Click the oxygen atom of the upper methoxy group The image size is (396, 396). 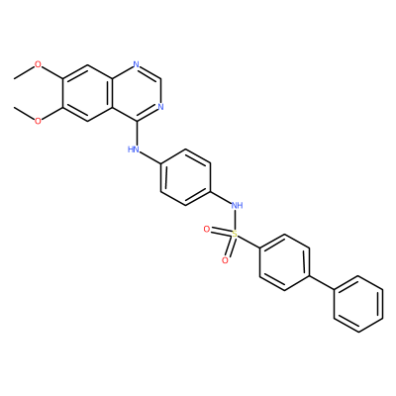click(39, 64)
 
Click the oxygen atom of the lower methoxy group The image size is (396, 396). click(39, 121)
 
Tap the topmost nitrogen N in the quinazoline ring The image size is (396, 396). click(137, 64)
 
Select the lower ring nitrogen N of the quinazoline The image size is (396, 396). click(160, 107)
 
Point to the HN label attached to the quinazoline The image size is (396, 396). click(134, 149)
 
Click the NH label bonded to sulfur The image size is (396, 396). click(237, 206)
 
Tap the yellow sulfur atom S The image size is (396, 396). click(235, 234)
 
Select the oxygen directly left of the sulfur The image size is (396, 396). click(207, 229)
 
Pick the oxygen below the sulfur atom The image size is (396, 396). click(225, 260)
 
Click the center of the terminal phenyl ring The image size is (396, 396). click(358, 304)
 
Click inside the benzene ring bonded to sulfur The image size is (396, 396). click(284, 262)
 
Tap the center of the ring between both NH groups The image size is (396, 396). click(185, 177)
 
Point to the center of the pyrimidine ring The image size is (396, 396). click(137, 93)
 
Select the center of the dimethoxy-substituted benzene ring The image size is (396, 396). click(87, 93)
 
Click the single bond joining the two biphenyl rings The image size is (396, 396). click(322, 283)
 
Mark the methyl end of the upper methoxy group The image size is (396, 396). click(14, 78)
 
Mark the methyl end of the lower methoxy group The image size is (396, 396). click(14, 107)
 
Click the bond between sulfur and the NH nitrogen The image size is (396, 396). click(236, 220)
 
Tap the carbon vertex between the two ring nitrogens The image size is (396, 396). click(160, 78)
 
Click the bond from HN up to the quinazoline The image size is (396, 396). click(137, 133)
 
